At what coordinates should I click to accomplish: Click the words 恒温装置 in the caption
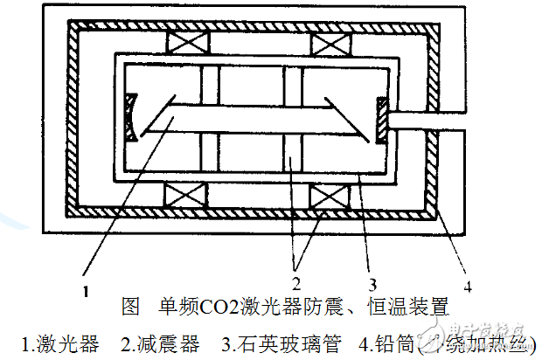pos(413,308)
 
